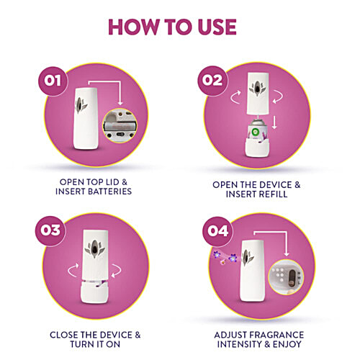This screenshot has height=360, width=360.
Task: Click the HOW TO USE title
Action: pyautogui.click(x=172, y=26)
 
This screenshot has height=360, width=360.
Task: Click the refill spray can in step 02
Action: pyautogui.click(x=254, y=132)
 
